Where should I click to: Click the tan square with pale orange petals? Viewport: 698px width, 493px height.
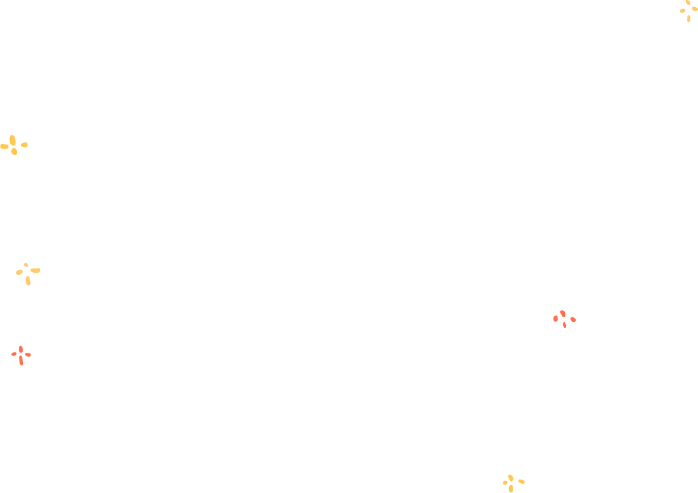tap(688, 11)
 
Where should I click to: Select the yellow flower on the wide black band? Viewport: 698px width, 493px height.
tap(13, 145)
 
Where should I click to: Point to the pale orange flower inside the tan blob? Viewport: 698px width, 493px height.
tap(27, 272)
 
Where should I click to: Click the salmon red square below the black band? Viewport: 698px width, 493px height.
tap(21, 356)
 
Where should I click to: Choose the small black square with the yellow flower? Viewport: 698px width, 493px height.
tap(513, 483)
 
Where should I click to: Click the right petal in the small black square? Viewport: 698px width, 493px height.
tap(521, 481)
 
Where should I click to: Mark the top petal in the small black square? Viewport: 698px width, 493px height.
tap(511, 478)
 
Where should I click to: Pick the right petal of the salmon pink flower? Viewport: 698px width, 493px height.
tap(573, 320)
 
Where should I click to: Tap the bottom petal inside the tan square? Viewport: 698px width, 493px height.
tap(689, 18)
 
